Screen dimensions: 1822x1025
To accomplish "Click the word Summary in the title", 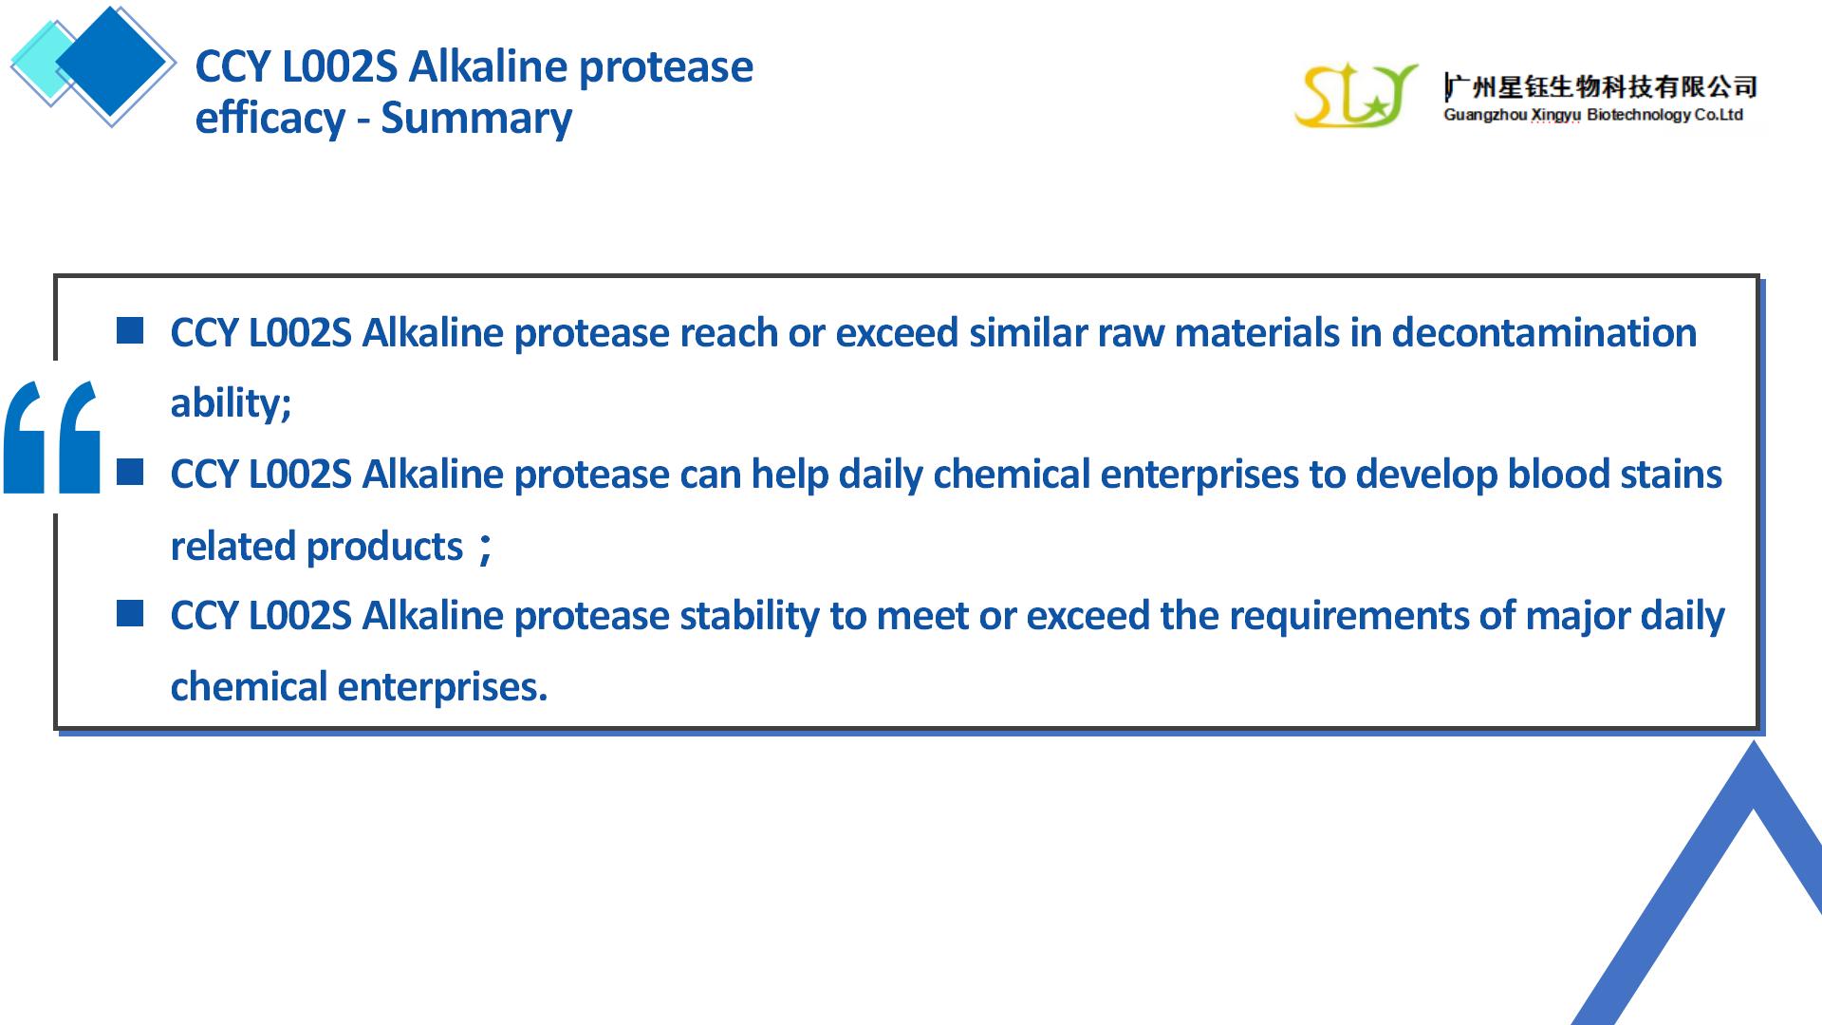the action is tap(476, 119).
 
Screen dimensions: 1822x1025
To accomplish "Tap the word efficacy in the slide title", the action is tap(270, 119).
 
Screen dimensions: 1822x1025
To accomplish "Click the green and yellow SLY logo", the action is tap(1355, 96).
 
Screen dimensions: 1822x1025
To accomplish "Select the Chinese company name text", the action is tap(1600, 87).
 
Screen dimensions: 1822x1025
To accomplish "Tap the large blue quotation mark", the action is tap(52, 437).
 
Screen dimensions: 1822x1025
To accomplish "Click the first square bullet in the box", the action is tap(130, 330).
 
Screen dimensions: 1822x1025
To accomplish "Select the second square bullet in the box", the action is tap(130, 472).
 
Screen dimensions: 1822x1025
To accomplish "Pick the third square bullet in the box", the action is tap(130, 613).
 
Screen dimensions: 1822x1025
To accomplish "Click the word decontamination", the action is tap(1544, 333).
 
